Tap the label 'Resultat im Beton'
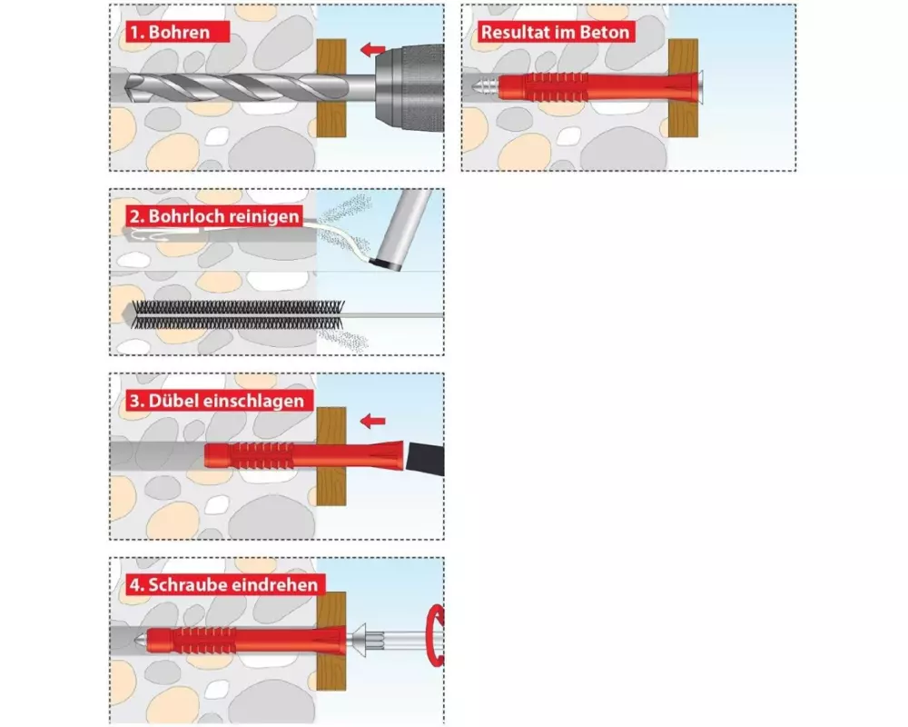pyautogui.click(x=555, y=32)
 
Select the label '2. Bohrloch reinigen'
pyautogui.click(x=214, y=216)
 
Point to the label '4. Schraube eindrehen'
pyautogui.click(x=223, y=584)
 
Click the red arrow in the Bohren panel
pyautogui.click(x=373, y=49)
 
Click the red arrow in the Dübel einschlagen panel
pyautogui.click(x=373, y=421)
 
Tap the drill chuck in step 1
pyautogui.click(x=410, y=88)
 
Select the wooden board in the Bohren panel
pyautogui.click(x=331, y=88)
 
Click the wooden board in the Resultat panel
pyautogui.click(x=684, y=88)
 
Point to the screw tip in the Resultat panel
pyautogui.click(x=476, y=88)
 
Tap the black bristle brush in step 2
pyautogui.click(x=238, y=314)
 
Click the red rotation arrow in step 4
pyautogui.click(x=435, y=635)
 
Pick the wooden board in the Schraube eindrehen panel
pyautogui.click(x=331, y=642)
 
